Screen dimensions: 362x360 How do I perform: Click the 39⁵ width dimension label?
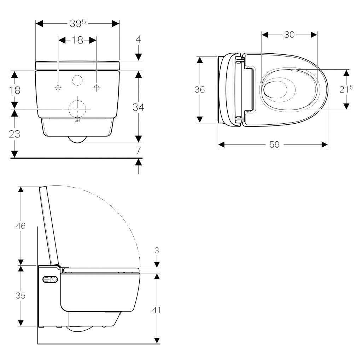tap(78, 23)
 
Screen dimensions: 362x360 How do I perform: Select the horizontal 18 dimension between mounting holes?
tap(77, 40)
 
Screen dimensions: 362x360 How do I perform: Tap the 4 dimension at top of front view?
tap(138, 39)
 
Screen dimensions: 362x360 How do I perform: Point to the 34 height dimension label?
tap(138, 107)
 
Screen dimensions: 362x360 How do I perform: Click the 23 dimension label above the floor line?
tap(14, 134)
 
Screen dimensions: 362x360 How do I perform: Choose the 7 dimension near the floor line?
tap(138, 151)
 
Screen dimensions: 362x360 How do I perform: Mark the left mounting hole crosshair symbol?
tap(58, 88)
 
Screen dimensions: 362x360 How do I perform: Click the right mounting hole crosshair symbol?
tap(97, 88)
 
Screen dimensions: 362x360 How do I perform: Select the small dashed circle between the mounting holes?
tap(77, 80)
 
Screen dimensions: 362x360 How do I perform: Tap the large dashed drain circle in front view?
tap(77, 109)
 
